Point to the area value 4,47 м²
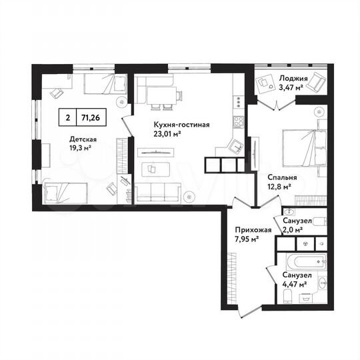(x=294, y=284)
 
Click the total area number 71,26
(x=93, y=117)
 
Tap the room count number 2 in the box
(x=67, y=117)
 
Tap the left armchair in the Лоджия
(x=265, y=84)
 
